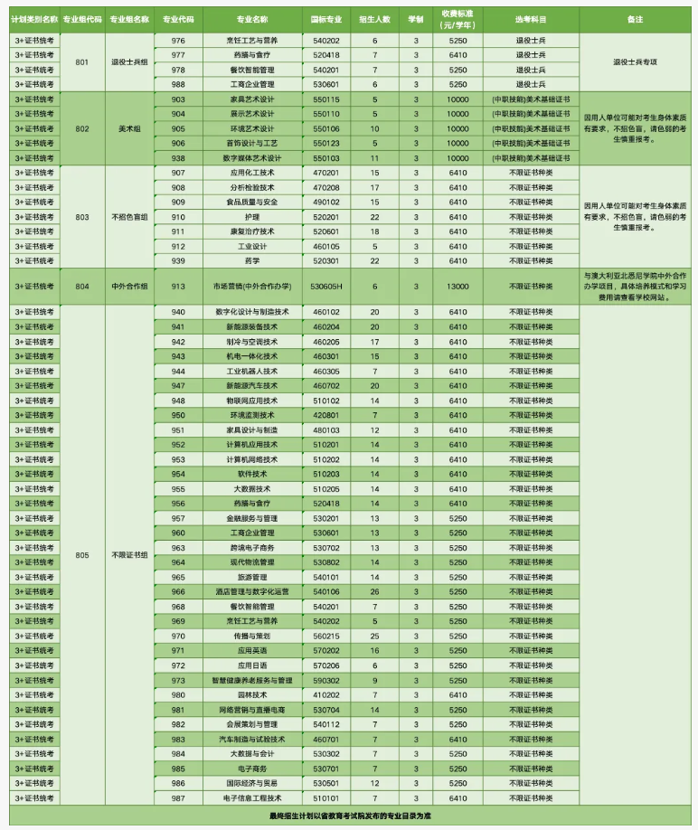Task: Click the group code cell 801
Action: [x=82, y=62]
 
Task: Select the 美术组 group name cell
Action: [x=129, y=128]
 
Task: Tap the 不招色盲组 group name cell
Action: [x=129, y=217]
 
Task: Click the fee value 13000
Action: [x=457, y=287]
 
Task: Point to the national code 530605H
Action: [x=325, y=287]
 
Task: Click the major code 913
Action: [x=178, y=287]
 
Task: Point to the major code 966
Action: [x=178, y=591]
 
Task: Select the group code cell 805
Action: [x=82, y=555]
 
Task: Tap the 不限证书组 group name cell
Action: [x=129, y=555]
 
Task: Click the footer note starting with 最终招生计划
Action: [x=350, y=816]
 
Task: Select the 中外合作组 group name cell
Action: [x=129, y=287]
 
